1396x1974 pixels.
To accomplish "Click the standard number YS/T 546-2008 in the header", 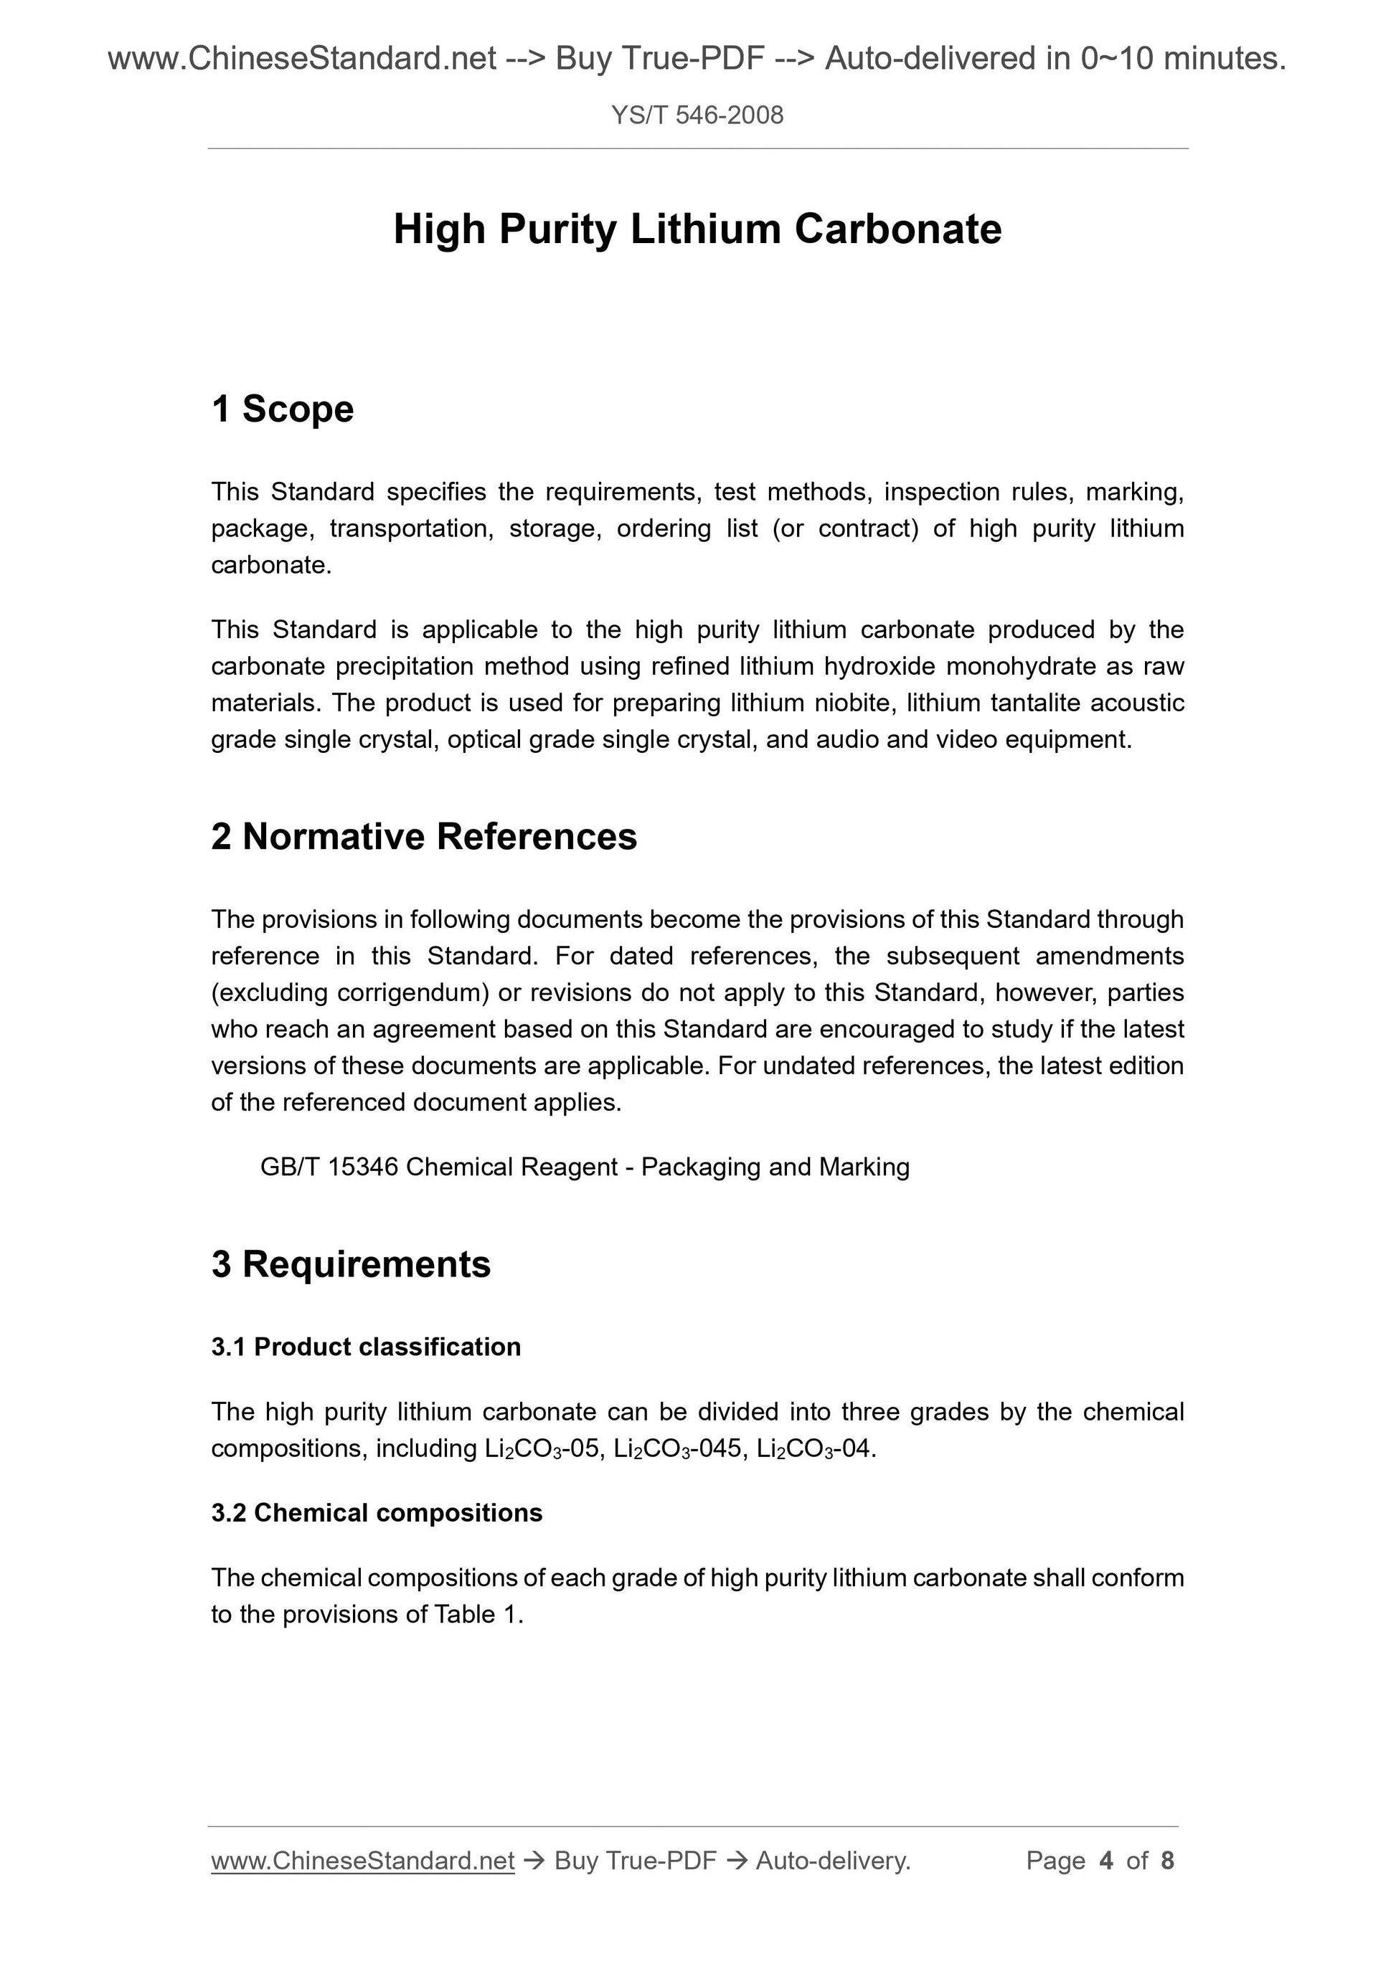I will click(x=697, y=115).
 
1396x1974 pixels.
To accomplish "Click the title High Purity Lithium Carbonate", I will click(x=697, y=229).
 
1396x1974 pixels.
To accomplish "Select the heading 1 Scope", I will click(x=282, y=409).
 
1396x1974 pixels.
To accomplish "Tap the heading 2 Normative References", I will click(x=424, y=837).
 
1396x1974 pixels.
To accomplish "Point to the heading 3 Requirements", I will click(x=351, y=1265).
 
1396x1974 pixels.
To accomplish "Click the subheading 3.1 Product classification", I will click(x=366, y=1347).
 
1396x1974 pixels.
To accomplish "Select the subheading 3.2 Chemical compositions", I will click(x=377, y=1513).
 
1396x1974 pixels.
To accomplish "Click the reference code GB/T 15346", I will click(x=329, y=1167).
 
